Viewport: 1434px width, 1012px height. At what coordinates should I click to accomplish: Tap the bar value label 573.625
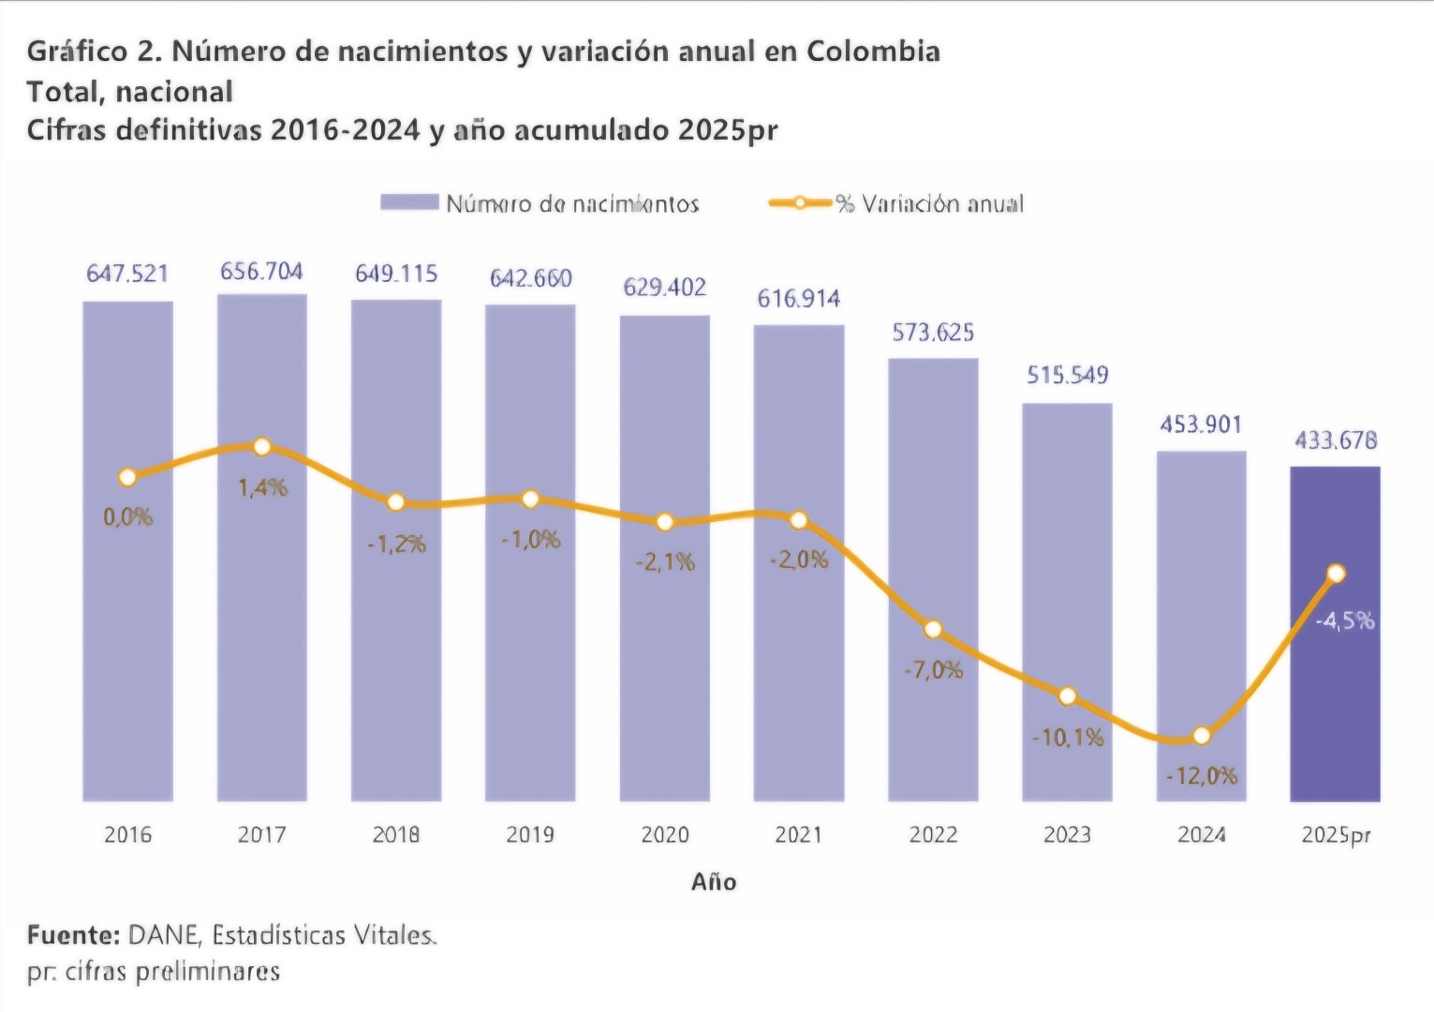pyautogui.click(x=933, y=333)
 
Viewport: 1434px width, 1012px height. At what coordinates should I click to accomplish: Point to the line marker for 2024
pyautogui.click(x=1202, y=736)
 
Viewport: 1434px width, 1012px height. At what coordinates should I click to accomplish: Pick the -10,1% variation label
pyautogui.click(x=1068, y=738)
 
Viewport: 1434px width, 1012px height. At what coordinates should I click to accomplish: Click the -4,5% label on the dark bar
pyautogui.click(x=1345, y=620)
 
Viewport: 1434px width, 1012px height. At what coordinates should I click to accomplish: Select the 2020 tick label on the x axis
pyautogui.click(x=665, y=835)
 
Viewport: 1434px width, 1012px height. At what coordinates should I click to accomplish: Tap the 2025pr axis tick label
pyautogui.click(x=1336, y=835)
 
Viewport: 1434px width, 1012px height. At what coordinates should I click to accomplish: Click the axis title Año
pyautogui.click(x=714, y=882)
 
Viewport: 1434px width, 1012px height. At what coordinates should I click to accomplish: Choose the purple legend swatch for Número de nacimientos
pyautogui.click(x=409, y=203)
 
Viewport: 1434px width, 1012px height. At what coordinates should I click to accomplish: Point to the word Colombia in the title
pyautogui.click(x=873, y=52)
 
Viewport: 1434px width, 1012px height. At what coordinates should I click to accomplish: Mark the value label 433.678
pyautogui.click(x=1336, y=440)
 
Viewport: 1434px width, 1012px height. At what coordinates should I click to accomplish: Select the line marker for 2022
pyautogui.click(x=933, y=630)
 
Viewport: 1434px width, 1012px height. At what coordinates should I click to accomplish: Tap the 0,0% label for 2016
pyautogui.click(x=128, y=517)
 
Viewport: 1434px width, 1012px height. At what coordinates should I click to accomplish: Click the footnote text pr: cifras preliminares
pyautogui.click(x=154, y=972)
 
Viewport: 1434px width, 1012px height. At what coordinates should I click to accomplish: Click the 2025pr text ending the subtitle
pyautogui.click(x=728, y=130)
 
